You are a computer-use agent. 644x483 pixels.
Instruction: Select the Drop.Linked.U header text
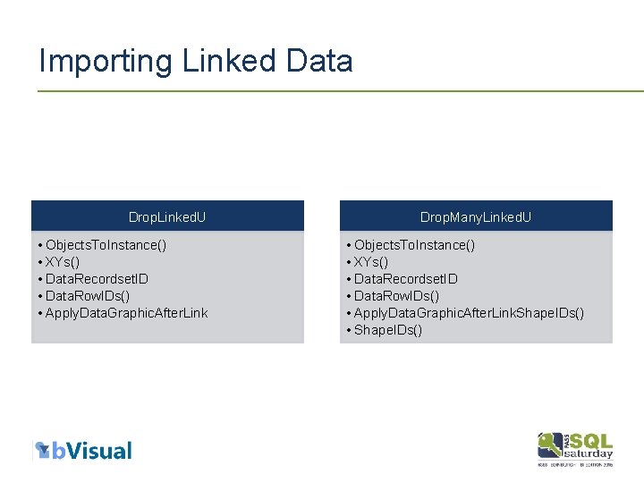(x=167, y=217)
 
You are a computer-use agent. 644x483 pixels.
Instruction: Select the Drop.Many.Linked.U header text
(x=476, y=217)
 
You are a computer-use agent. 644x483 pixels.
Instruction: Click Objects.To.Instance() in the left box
(x=106, y=244)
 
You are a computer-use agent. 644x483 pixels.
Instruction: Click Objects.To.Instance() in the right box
(x=414, y=244)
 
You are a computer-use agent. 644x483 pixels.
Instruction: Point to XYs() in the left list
(x=63, y=261)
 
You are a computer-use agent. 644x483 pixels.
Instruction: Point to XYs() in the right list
(x=371, y=261)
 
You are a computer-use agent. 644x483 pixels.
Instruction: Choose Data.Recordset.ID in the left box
(x=97, y=278)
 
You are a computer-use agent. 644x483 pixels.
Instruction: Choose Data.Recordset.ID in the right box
(x=405, y=278)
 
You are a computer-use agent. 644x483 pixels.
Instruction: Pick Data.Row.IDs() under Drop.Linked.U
(x=88, y=295)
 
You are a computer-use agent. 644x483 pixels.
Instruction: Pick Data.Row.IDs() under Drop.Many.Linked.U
(x=396, y=295)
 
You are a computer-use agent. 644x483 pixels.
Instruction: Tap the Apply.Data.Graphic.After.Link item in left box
(x=126, y=312)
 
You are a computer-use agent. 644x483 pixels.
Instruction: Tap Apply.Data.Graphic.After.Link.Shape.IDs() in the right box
(x=469, y=312)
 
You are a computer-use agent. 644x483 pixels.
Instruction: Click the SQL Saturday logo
(x=575, y=448)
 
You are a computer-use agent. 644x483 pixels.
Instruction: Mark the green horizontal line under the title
(x=340, y=90)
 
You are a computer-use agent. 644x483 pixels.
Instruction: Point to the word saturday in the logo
(x=589, y=453)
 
